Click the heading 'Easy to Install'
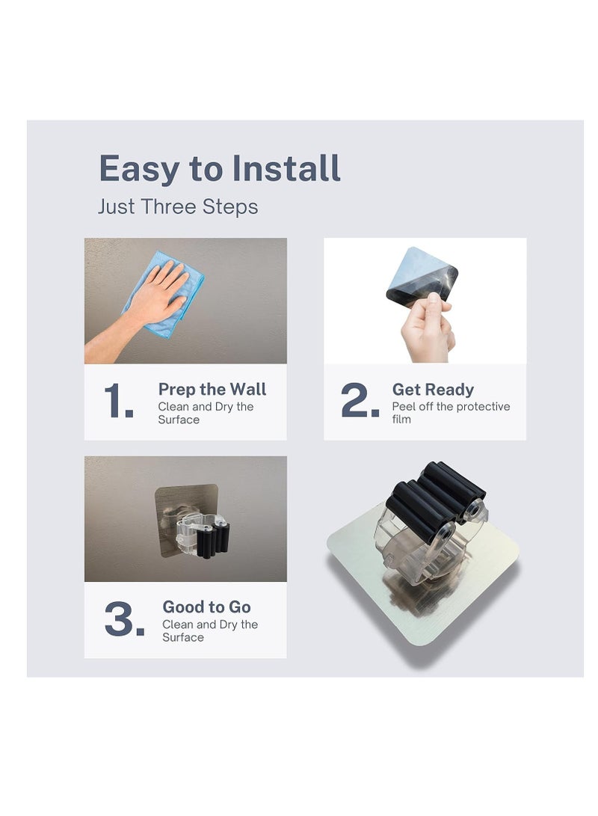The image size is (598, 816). pos(220,169)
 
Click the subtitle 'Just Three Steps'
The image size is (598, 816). pos(178,206)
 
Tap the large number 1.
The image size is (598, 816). pos(118,402)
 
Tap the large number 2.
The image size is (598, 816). pos(360,402)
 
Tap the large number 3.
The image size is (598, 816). pos(124,620)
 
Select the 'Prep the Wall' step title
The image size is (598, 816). pos(212,390)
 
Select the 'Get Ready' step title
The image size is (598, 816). pos(433,390)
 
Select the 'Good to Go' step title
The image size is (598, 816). pos(206,607)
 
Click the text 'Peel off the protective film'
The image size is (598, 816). pos(451,413)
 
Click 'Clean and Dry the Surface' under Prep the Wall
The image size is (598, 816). pos(206,413)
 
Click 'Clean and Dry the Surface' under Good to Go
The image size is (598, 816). pos(210,631)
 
